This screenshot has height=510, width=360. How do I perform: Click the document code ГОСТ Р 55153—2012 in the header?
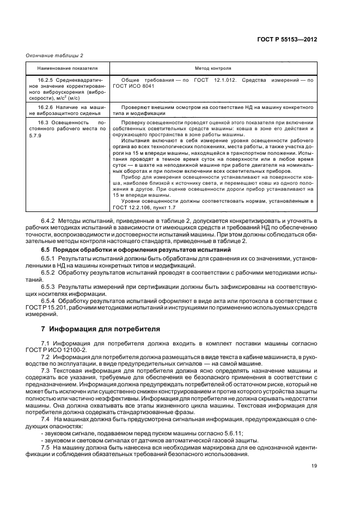click(x=288, y=40)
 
